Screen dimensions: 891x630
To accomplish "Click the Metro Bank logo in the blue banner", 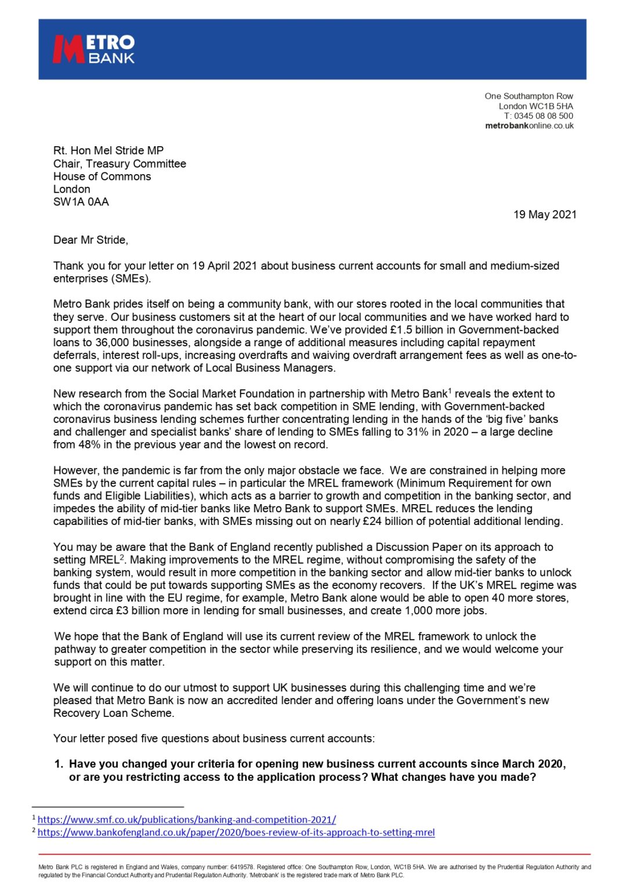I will point(93,49).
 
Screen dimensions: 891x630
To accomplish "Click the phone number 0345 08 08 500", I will point(544,116).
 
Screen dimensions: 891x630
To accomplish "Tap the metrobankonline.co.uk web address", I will point(529,126).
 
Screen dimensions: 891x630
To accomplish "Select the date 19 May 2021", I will point(545,215).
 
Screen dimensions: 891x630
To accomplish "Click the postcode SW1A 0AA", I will point(81,202).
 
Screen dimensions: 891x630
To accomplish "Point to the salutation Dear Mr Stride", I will point(90,240).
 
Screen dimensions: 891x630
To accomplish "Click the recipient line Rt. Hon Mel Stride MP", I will point(108,151).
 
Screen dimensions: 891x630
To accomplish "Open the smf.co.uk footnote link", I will point(187,820).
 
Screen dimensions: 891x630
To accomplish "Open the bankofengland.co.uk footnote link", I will point(236,832).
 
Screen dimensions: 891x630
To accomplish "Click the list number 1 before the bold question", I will point(58,764).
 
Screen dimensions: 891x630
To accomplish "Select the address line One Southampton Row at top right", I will point(528,96).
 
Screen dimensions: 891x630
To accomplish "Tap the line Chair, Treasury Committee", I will point(120,164).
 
